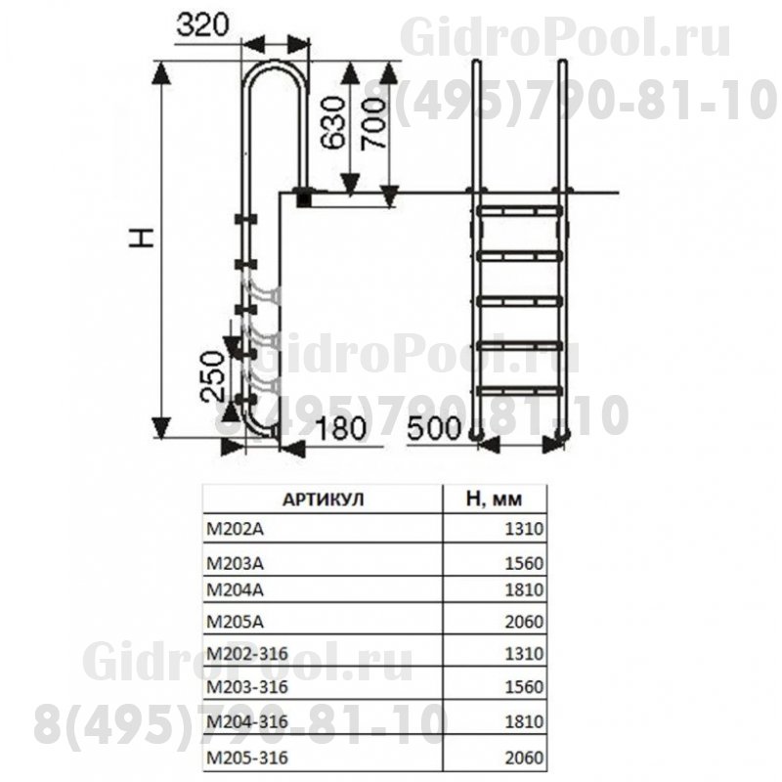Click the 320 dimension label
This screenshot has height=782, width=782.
click(x=202, y=25)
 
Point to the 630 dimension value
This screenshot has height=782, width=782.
click(x=332, y=123)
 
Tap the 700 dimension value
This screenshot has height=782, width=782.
click(x=373, y=123)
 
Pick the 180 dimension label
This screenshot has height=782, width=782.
click(x=341, y=428)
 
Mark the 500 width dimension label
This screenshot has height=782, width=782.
click(x=434, y=428)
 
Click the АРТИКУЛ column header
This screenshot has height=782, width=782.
click(x=324, y=500)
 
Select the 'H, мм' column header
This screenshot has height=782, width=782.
click(x=494, y=500)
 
